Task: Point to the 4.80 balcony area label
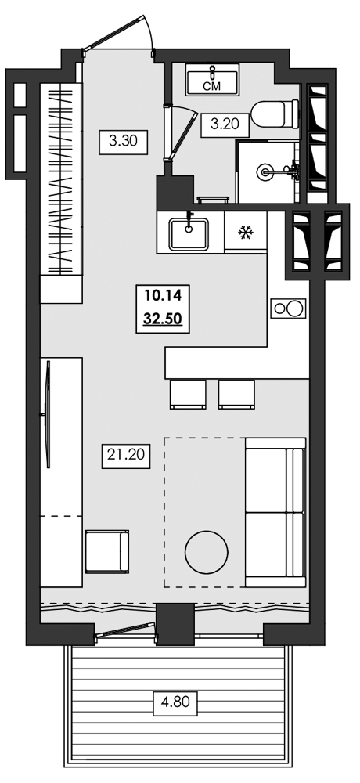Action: (x=175, y=702)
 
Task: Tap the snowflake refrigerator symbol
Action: (x=245, y=233)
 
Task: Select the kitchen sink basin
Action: (x=189, y=233)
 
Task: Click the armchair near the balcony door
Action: (x=106, y=551)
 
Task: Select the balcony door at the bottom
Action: (x=125, y=630)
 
